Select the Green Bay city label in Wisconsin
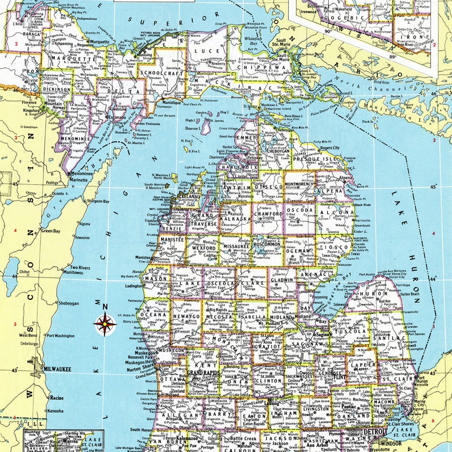tap(50, 231)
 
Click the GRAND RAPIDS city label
tap(203, 373)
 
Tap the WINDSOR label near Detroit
tap(393, 444)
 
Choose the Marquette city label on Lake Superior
tap(100, 42)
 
